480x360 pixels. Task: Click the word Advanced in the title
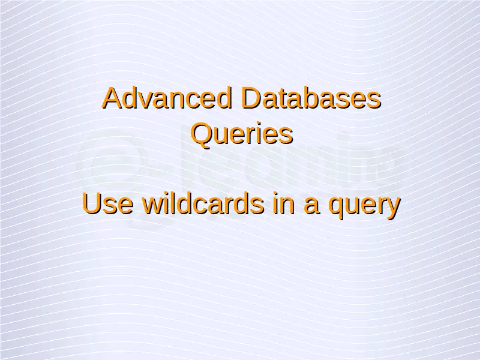(167, 98)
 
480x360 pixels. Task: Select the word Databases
(311, 98)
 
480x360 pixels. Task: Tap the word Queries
(242, 133)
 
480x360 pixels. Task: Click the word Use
(108, 203)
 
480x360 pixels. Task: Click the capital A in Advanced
(113, 98)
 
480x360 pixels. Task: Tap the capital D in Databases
(251, 98)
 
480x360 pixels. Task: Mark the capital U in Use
(92, 203)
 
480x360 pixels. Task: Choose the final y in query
(394, 208)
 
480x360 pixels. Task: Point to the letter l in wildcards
(174, 203)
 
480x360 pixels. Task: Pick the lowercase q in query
(335, 208)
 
